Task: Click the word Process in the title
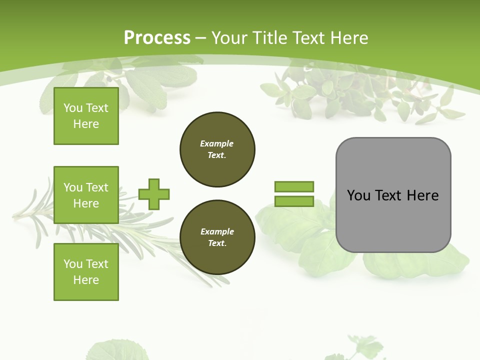coord(157,37)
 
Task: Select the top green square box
coord(86,116)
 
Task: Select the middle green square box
coord(86,195)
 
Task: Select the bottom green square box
coord(86,271)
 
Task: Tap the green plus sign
coord(154,194)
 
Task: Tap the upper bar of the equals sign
coord(294,186)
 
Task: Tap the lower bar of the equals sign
coord(294,201)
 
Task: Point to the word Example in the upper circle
coord(216,143)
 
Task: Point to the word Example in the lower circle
coord(217,231)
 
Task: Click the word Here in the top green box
coord(86,124)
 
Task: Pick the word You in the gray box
coord(358,195)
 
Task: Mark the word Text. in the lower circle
coord(217,243)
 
